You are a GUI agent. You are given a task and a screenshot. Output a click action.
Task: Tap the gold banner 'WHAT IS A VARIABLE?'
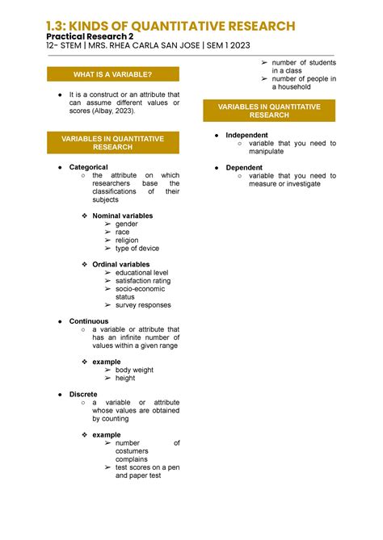(112, 75)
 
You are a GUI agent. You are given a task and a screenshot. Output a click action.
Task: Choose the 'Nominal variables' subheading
(122, 216)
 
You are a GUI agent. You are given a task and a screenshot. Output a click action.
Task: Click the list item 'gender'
(132, 224)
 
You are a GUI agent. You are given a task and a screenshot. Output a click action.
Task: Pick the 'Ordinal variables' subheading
(121, 265)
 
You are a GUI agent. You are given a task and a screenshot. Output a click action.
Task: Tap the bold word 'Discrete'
(84, 395)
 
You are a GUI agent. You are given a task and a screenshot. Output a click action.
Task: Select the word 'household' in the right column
(291, 87)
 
